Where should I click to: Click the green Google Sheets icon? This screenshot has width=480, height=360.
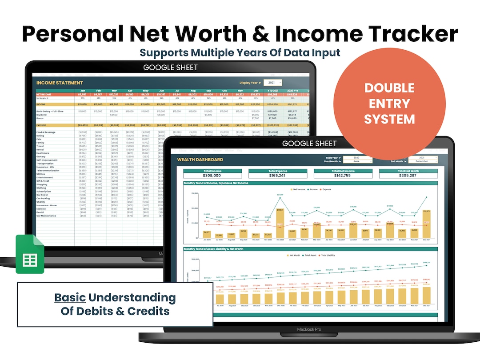point(30,254)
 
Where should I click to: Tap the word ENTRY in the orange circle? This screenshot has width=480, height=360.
point(389,104)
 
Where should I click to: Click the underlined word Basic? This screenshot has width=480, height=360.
point(70,297)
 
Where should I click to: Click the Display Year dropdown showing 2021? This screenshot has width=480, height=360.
point(272,83)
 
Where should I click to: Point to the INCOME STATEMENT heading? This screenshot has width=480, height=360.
point(60,83)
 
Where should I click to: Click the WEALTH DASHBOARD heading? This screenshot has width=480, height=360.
point(200,159)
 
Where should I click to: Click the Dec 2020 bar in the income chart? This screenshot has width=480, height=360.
point(280,223)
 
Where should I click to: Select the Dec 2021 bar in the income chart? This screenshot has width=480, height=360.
point(427,224)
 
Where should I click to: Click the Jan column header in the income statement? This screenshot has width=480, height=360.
point(82,91)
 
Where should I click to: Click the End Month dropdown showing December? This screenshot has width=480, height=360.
point(422,161)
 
